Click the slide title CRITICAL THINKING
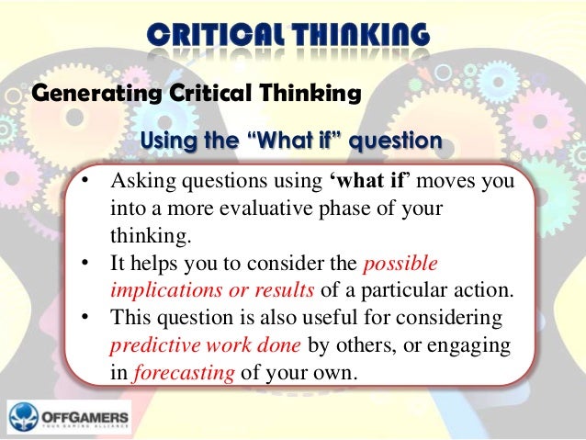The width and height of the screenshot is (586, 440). (287, 36)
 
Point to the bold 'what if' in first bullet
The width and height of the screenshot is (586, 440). (367, 179)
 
